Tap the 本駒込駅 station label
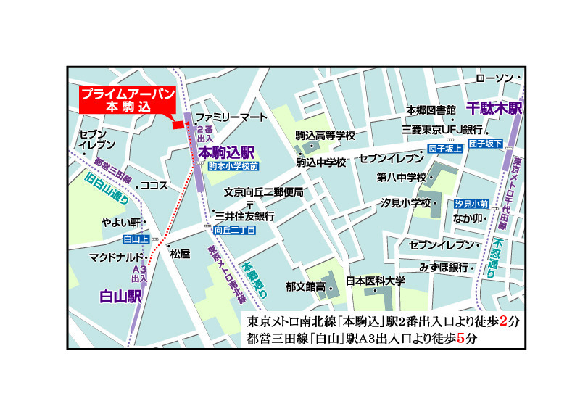[226, 152]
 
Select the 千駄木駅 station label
[494, 109]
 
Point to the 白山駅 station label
[120, 296]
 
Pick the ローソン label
[495, 78]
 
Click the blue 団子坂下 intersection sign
[485, 144]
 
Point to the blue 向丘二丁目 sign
[235, 230]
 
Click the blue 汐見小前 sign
[471, 205]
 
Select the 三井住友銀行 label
[244, 216]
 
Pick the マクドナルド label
[116, 257]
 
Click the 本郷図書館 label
[430, 110]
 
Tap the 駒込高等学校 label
[326, 136]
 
